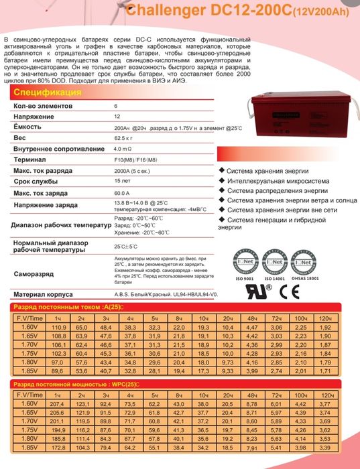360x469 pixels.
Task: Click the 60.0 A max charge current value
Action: [125, 193]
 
